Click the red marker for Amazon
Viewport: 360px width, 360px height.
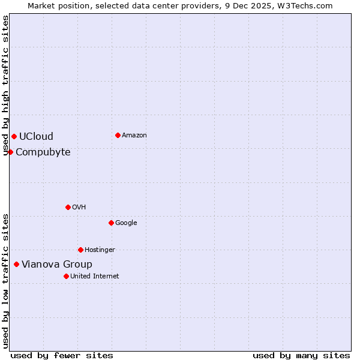[118, 135]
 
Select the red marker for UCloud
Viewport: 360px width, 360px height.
[14, 136]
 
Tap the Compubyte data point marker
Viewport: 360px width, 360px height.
[10, 152]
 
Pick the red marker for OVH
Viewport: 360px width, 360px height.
[68, 207]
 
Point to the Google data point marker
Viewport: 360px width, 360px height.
[111, 223]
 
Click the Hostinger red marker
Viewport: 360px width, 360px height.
[80, 250]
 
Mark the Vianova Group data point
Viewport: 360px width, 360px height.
[16, 264]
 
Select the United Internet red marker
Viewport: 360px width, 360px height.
[66, 276]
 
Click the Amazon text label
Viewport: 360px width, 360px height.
[134, 136]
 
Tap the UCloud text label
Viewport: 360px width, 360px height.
[36, 137]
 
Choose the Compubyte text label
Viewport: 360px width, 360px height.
[43, 152]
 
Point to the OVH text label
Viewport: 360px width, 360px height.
[79, 208]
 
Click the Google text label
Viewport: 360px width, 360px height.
[126, 223]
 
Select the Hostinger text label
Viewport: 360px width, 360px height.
[100, 250]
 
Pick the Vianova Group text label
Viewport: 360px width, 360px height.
[57, 265]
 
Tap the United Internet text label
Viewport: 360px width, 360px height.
[95, 277]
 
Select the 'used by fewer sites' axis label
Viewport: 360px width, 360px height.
[62, 356]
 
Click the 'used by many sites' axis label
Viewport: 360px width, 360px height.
[301, 356]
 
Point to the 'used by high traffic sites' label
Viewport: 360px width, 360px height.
[5, 86]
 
